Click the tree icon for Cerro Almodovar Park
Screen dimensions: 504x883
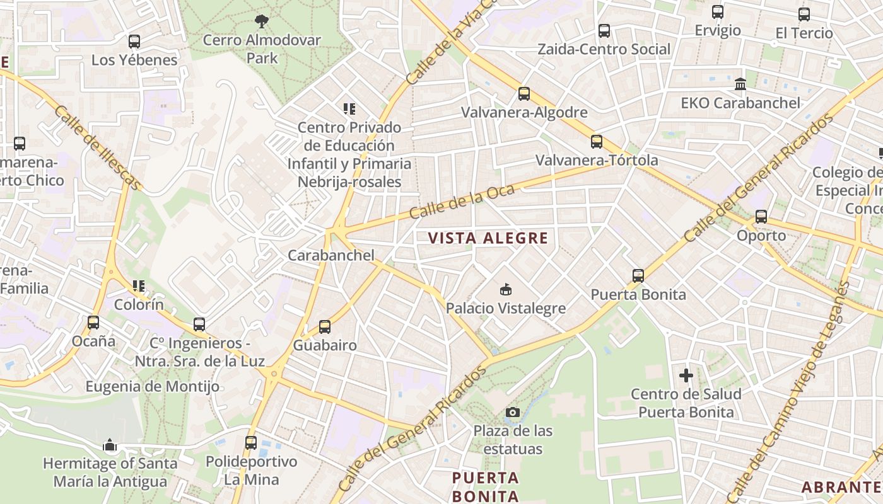click(261, 21)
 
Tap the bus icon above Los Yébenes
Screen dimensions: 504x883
click(134, 42)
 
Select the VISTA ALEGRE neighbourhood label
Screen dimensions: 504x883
click(488, 238)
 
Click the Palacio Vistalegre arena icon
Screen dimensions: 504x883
click(505, 290)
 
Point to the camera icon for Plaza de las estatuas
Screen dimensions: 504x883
click(513, 413)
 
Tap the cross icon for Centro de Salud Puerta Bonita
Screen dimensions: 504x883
click(686, 375)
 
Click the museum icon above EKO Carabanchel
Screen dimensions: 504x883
click(740, 84)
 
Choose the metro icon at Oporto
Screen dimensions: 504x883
click(761, 217)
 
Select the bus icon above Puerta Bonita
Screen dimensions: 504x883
click(638, 275)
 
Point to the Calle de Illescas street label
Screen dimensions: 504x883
click(98, 147)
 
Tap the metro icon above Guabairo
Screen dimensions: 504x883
click(325, 326)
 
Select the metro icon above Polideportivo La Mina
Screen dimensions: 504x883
click(251, 442)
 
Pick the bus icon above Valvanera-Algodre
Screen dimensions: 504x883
click(524, 94)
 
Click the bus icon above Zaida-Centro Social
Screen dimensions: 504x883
click(604, 30)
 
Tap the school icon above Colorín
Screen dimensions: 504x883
click(139, 286)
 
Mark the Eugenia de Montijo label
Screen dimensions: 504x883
click(153, 386)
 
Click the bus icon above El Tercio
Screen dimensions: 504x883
click(804, 14)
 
